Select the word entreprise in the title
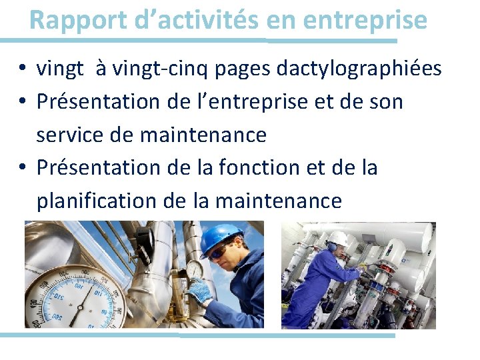pos(365,20)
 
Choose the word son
pos(386,101)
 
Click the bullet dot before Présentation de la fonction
pos(22,168)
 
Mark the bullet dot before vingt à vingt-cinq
pos(22,68)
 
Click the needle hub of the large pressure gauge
pos(79,306)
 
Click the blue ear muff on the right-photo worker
pos(331,247)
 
